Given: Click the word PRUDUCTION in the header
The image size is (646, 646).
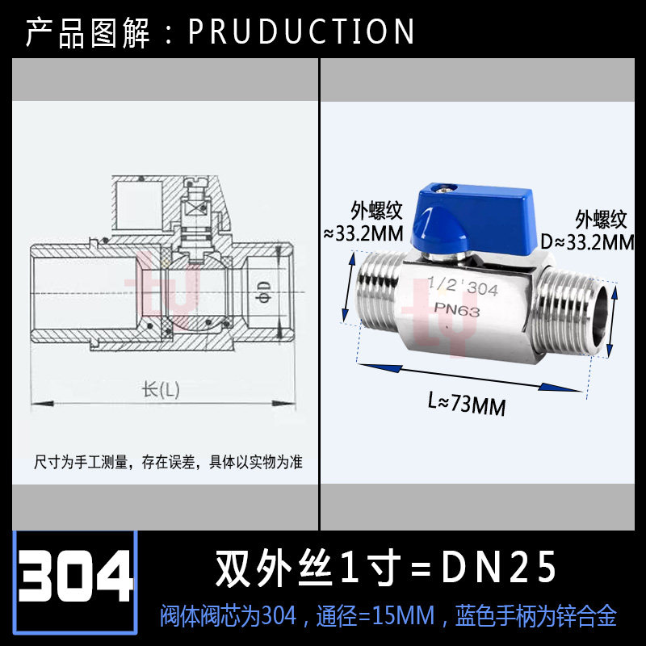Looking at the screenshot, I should click(301, 31).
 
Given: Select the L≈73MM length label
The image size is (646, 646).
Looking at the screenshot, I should click(467, 401).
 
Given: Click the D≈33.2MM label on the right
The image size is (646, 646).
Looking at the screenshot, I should click(594, 241).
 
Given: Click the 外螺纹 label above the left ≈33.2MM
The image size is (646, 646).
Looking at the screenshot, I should click(375, 210).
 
